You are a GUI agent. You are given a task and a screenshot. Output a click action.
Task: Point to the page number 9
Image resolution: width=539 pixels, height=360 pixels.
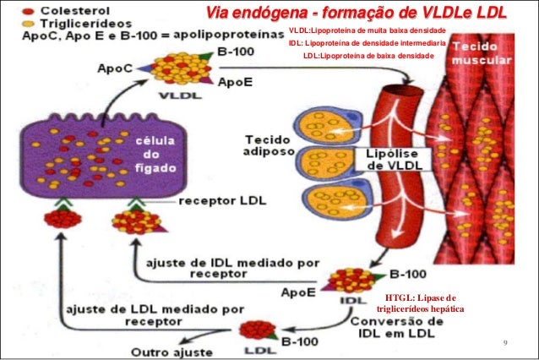pyautogui.click(x=504, y=343)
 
